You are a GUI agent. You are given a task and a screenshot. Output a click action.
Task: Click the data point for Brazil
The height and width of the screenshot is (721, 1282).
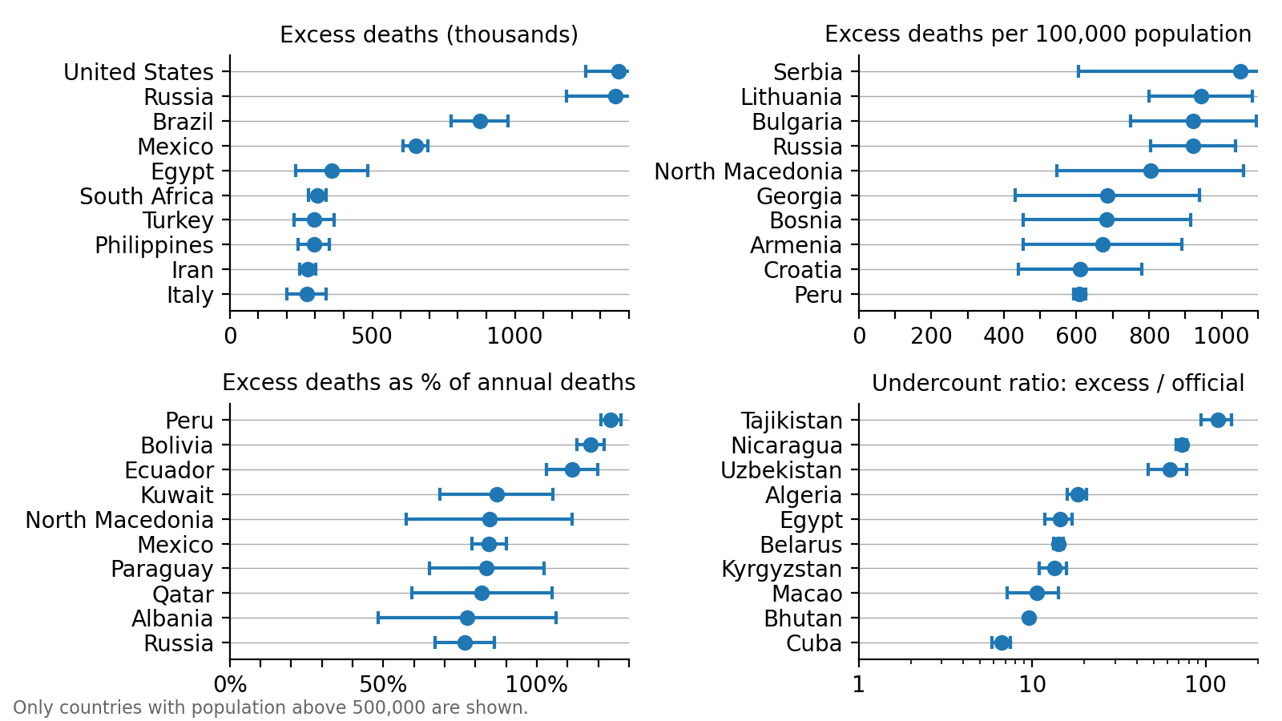click(480, 121)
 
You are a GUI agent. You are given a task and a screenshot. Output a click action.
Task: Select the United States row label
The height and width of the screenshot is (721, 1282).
click(139, 72)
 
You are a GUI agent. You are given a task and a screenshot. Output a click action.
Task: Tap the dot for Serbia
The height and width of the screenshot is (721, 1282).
click(1240, 72)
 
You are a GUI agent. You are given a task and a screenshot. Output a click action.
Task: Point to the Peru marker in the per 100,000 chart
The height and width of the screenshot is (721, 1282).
click(1079, 295)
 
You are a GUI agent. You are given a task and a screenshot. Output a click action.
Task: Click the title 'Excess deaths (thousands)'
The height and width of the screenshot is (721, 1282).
click(429, 35)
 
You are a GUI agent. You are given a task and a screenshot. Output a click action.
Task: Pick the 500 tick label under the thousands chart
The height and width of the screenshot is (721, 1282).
click(372, 336)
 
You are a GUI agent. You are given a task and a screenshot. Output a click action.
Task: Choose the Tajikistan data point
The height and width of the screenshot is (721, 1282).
click(1218, 421)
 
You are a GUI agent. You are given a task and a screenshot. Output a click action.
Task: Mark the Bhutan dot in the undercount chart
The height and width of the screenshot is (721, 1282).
click(1029, 618)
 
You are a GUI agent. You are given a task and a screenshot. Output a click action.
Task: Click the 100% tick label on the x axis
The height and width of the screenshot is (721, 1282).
click(538, 685)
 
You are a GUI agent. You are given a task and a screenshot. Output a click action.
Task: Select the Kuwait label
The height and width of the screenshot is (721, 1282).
click(176, 495)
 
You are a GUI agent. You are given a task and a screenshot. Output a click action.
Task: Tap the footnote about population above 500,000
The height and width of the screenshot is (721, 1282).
click(271, 708)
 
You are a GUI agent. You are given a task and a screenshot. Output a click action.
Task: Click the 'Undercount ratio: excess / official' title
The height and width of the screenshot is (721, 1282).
click(1058, 384)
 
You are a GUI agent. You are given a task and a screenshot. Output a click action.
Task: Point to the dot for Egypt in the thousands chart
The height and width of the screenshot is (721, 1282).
click(332, 171)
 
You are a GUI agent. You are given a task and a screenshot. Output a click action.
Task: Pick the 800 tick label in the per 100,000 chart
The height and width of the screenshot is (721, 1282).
click(1149, 336)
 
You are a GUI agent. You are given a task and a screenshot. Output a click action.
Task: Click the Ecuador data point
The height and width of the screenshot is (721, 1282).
click(572, 470)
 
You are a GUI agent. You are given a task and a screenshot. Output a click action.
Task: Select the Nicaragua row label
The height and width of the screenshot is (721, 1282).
click(786, 445)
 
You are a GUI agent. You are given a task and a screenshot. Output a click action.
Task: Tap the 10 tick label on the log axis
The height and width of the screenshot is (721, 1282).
click(1032, 685)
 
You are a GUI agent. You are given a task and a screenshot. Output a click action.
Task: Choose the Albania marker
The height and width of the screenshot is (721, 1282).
click(467, 618)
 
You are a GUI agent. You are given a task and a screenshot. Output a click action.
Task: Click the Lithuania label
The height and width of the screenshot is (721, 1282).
click(791, 97)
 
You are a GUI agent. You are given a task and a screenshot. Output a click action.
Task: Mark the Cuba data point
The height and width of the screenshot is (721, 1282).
click(1002, 643)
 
